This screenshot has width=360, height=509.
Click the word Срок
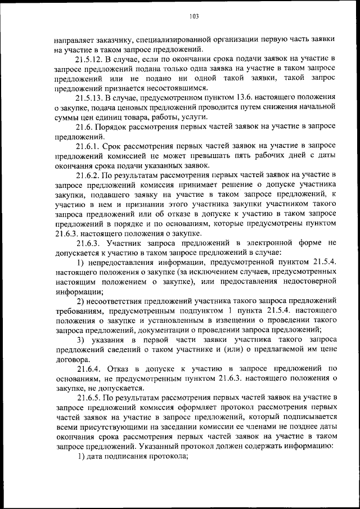(117, 146)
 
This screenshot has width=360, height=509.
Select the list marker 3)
(81, 340)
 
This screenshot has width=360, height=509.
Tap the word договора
(71, 359)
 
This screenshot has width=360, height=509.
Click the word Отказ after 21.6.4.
(120, 369)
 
